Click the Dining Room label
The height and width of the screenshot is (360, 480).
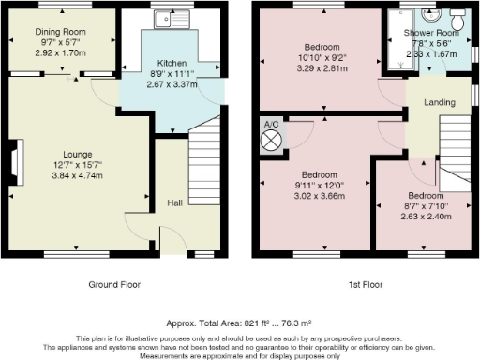[60, 32]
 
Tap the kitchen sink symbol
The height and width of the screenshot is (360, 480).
[172, 19]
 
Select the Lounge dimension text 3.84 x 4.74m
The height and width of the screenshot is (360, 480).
[78, 175]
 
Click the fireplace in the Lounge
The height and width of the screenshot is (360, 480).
[18, 162]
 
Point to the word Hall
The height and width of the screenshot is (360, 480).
[174, 203]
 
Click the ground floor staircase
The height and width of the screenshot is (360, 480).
[204, 160]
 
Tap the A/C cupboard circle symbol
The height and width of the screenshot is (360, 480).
[271, 141]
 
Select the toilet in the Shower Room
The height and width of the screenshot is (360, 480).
[457, 19]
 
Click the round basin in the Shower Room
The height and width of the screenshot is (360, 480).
[431, 14]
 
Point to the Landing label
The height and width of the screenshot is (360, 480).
[440, 102]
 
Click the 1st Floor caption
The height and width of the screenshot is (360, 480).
[366, 285]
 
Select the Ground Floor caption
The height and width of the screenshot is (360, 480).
[114, 285]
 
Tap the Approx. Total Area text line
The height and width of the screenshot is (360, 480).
[239, 323]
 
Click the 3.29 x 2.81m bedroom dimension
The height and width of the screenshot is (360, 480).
[322, 68]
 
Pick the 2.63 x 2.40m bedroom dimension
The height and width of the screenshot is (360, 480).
[426, 217]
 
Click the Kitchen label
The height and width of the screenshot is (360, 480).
[172, 63]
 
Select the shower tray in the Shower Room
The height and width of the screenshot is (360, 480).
[401, 39]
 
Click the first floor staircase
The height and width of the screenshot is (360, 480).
[455, 153]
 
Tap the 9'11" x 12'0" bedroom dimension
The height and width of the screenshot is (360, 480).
[320, 186]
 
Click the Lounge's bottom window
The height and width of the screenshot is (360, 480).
[77, 254]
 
